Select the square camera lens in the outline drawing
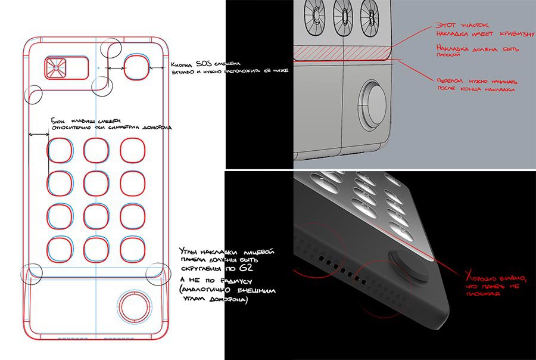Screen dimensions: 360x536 pyautogui.click(x=55, y=69)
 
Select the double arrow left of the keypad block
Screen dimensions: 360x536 pyautogui.click(x=39, y=134)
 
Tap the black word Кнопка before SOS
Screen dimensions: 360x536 pyautogui.click(x=183, y=64)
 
